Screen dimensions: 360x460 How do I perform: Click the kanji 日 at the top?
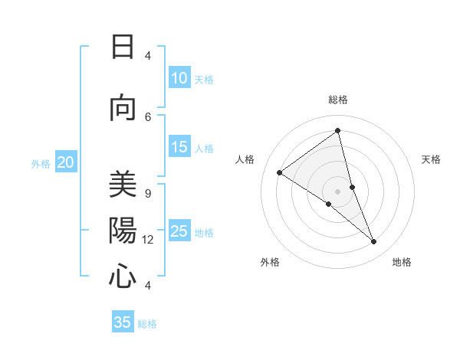coord(123,47)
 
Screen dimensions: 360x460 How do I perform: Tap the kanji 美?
coord(123,185)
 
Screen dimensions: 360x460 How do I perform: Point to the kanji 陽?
coord(123,231)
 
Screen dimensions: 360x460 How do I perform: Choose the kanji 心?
coord(123,276)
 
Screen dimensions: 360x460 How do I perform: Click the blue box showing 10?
coord(179,78)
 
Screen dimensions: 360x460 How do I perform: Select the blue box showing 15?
coord(179,147)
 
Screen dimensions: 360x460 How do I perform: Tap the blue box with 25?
coord(179,231)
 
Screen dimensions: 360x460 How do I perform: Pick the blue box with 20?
coord(66,162)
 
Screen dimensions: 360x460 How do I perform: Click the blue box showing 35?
coord(123,322)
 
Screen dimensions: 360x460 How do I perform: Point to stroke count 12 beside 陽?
coord(148,240)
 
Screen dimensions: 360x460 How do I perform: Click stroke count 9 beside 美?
coord(148,194)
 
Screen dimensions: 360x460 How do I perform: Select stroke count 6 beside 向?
coord(148,116)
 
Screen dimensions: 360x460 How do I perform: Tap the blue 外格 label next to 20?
coord(41,163)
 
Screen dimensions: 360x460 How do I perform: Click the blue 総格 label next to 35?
coord(147,324)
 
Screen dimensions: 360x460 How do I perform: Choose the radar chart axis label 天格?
coord(431,159)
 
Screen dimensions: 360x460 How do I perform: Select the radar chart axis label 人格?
coord(245,159)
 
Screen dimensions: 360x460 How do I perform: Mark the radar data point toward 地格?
coord(374,242)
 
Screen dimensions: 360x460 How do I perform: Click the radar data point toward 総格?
coord(337,130)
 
